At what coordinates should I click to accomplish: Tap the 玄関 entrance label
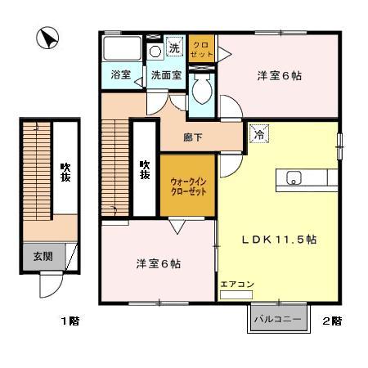pos(43,256)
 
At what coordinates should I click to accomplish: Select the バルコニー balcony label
pos(278,319)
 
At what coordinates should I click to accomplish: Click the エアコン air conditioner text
pos(237,285)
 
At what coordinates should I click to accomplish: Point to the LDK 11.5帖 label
pos(278,240)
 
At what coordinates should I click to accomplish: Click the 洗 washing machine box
pos(173,48)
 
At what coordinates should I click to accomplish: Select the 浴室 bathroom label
pos(121,75)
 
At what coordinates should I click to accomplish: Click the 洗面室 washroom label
pos(164,75)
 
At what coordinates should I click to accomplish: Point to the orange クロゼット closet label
pos(201,47)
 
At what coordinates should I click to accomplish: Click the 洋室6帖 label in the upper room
pos(280,76)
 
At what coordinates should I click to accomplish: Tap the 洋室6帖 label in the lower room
pos(158,264)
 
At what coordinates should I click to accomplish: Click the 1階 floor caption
pos(70,321)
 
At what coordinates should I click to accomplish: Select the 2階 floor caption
pos(332,321)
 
